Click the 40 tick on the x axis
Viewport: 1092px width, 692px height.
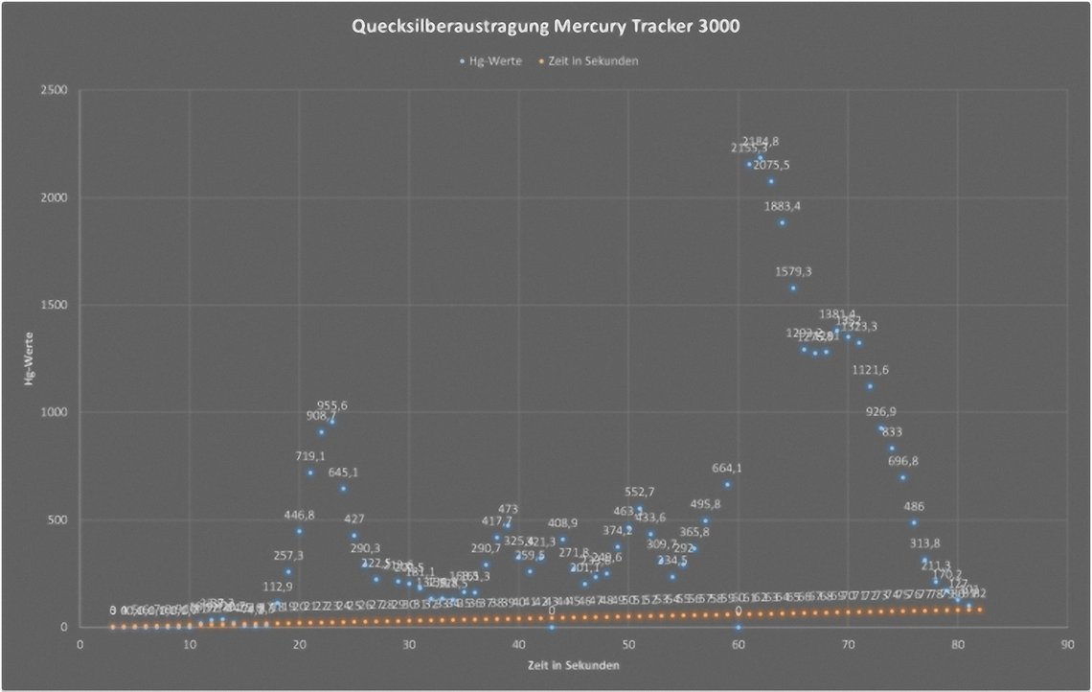[x=518, y=644]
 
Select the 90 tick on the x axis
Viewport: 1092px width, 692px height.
[x=1067, y=644]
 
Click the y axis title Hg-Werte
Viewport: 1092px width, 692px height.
[x=31, y=359]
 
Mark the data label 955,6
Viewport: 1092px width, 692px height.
[x=332, y=405]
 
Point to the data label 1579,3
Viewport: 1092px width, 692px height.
[x=793, y=271]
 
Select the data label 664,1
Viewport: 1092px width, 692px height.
[x=727, y=469]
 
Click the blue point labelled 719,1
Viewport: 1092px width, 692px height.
[x=310, y=473]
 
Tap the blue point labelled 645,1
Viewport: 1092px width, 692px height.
[x=343, y=489]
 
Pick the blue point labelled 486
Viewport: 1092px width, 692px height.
[x=914, y=522]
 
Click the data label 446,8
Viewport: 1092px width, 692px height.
[x=299, y=515]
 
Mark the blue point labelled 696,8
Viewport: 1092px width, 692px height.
[x=902, y=477]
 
